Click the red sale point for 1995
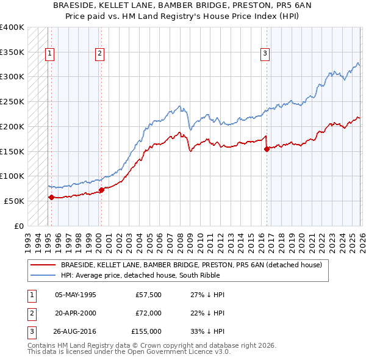pos(51,197)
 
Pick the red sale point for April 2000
pos(101,190)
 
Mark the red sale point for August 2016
pos(267,148)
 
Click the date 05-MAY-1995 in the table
pos(76,295)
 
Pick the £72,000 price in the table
pos(148,313)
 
